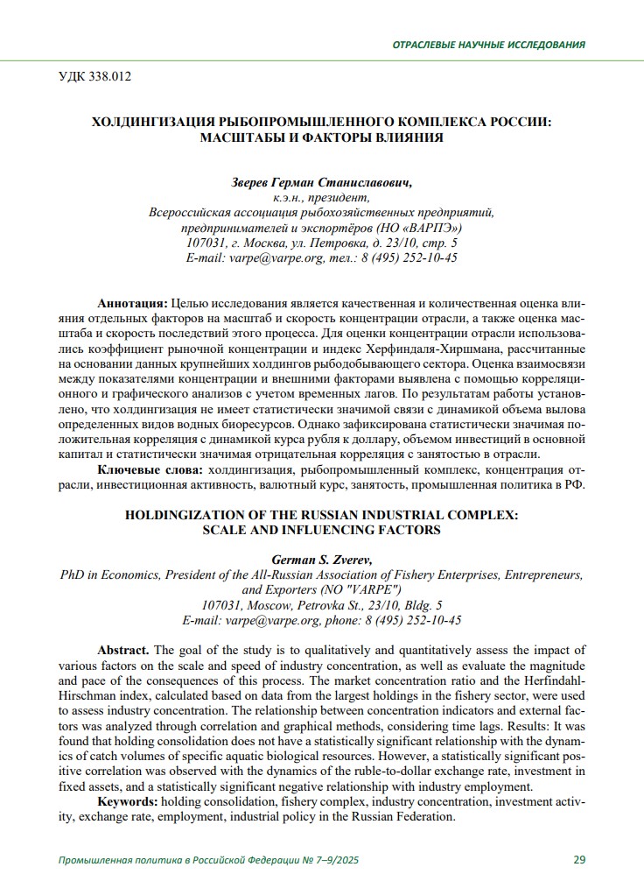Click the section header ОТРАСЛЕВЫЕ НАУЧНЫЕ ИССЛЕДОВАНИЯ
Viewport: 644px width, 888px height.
pyautogui.click(x=488, y=45)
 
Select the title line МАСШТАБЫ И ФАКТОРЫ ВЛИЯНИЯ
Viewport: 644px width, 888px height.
pyautogui.click(x=321, y=137)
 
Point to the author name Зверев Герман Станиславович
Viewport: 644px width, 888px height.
pyautogui.click(x=321, y=183)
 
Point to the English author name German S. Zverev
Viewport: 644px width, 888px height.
pyautogui.click(x=321, y=560)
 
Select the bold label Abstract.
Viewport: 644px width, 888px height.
pyautogui.click(x=123, y=650)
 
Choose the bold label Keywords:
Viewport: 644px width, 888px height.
pyautogui.click(x=128, y=801)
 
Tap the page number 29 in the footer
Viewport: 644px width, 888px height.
pyautogui.click(x=579, y=859)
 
